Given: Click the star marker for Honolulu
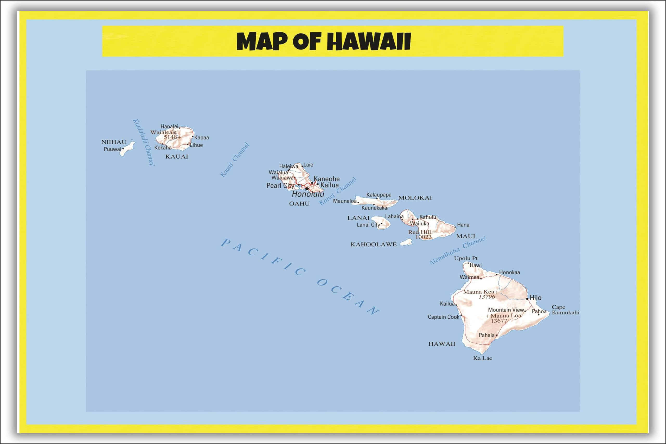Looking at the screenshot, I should point(307,189).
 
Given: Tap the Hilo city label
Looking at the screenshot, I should point(535,298).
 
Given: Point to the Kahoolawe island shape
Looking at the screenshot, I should point(407,242).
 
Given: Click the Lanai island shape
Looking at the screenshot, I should point(381,223).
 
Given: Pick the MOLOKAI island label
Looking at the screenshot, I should point(415,198).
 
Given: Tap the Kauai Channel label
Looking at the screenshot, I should point(235,160).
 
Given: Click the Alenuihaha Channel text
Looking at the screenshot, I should point(458,250).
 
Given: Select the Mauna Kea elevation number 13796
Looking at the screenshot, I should point(487,297).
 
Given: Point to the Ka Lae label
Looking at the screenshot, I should point(483,358).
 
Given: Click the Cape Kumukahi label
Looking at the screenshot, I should point(565,310).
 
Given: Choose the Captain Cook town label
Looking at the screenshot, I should point(443,317).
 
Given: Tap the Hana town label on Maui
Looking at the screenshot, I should point(463,225).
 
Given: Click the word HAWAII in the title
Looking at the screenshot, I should point(369,42).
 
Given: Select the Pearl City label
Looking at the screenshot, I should point(280,186).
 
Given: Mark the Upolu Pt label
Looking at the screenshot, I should point(466,258).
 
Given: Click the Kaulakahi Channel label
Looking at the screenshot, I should point(144,142).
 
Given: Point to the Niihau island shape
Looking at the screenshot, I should point(127,149).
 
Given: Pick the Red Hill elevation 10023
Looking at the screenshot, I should point(423,237).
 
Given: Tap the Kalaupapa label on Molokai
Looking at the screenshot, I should point(379,195).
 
